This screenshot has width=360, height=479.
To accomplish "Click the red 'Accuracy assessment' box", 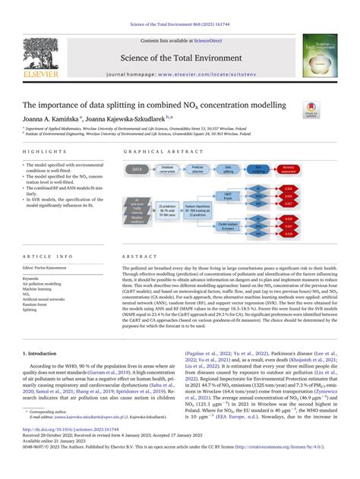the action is click(x=289, y=169).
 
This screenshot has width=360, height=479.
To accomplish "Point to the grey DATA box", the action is click(x=137, y=169).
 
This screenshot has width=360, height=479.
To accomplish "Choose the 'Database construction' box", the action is click(x=169, y=169).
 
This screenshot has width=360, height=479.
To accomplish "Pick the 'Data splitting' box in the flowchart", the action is click(x=229, y=169).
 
